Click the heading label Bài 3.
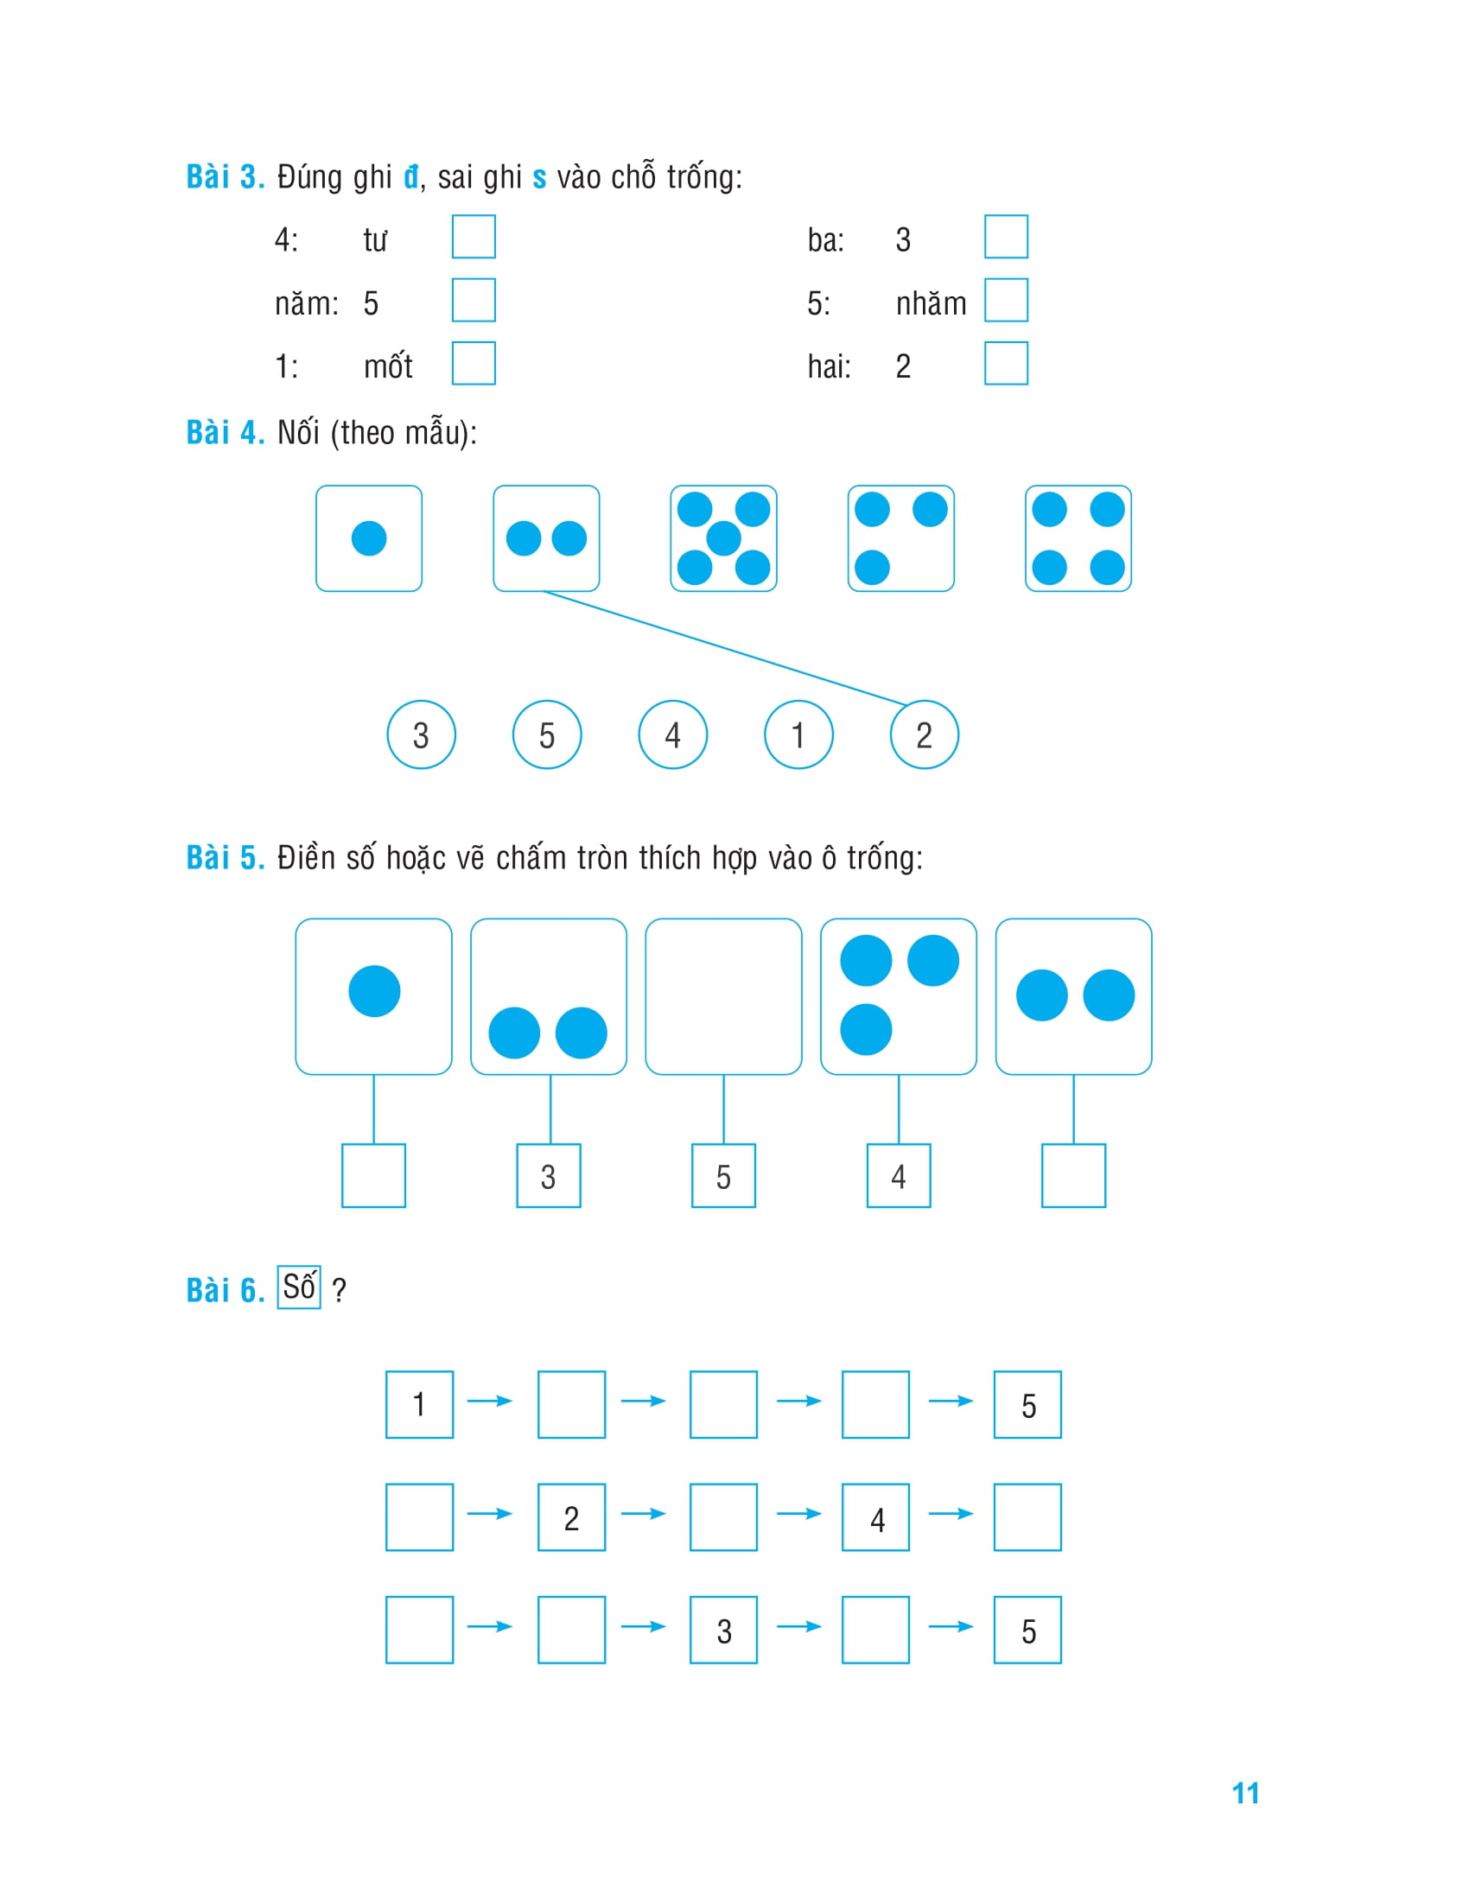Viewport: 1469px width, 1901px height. point(226,176)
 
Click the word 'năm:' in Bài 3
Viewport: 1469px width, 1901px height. point(307,304)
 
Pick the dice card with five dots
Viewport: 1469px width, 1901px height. point(723,539)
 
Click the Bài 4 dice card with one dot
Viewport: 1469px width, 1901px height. point(369,539)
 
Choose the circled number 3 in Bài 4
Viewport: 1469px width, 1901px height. point(421,734)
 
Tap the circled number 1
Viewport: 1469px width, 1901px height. point(798,734)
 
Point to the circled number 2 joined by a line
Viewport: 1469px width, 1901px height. point(925,734)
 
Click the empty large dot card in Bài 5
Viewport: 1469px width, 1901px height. point(723,996)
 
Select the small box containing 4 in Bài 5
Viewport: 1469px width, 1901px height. point(899,1176)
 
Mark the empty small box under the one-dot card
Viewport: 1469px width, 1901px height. point(373,1176)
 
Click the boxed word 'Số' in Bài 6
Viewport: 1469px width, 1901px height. point(299,1287)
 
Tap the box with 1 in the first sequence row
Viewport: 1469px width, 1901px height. point(419,1405)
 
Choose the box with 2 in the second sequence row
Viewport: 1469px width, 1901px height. point(572,1517)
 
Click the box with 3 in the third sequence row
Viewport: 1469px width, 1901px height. point(723,1631)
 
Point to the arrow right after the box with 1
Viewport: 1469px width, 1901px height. point(490,1402)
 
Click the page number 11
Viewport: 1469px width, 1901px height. point(1245,1794)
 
